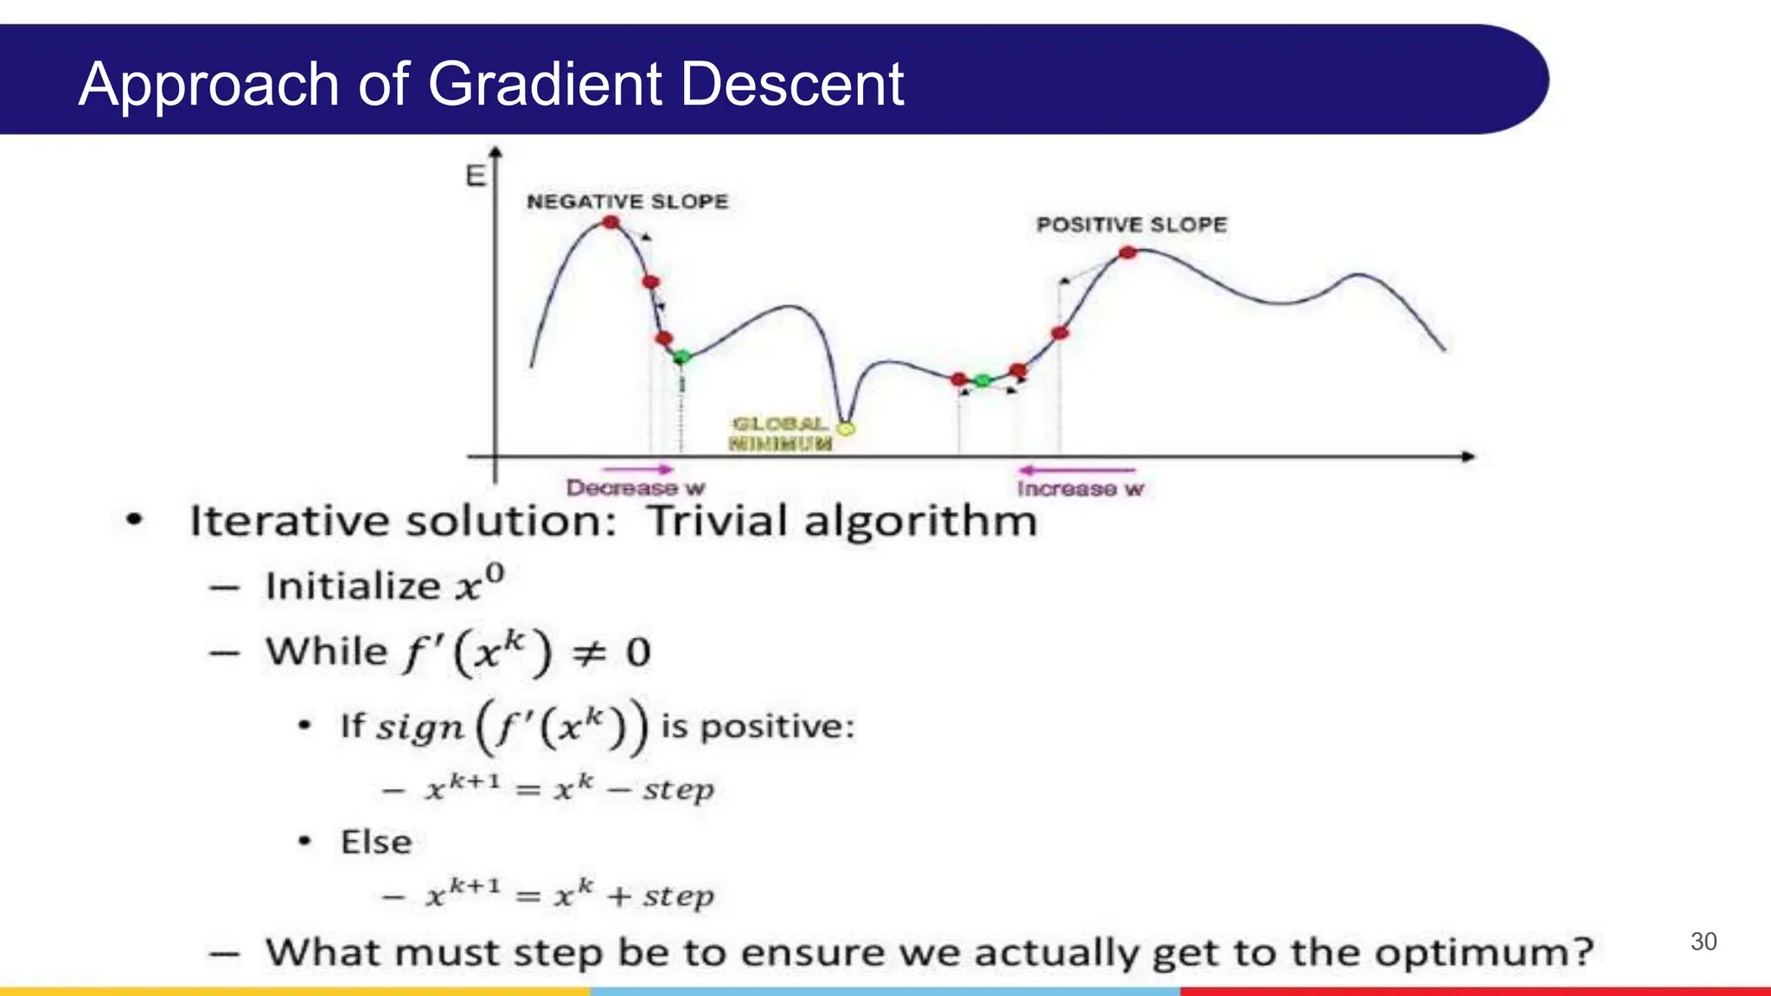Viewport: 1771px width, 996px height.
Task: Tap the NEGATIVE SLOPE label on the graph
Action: pos(627,201)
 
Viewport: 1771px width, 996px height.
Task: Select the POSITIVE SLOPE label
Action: pos(1131,225)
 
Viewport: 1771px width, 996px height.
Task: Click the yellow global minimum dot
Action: pos(847,428)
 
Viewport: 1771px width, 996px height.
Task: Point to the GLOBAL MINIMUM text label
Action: pos(779,434)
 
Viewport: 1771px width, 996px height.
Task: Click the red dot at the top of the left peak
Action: pos(611,222)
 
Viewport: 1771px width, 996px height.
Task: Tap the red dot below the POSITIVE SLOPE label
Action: pos(1128,252)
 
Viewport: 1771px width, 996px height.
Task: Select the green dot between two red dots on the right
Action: pos(982,380)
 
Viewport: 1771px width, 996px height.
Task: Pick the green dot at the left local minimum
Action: pos(682,356)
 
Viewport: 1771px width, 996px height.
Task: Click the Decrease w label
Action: pos(635,488)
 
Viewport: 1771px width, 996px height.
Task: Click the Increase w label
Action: pos(1079,489)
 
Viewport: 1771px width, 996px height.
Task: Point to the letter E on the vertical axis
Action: pos(476,176)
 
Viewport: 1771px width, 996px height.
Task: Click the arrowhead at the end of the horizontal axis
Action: pos(1467,456)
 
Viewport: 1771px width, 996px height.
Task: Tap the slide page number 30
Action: pos(1703,942)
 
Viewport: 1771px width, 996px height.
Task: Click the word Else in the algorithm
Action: pos(376,842)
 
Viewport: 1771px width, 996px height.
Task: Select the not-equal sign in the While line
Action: pos(589,653)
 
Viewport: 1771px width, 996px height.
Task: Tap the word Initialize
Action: pos(353,586)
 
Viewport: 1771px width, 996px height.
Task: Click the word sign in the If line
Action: pos(420,727)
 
